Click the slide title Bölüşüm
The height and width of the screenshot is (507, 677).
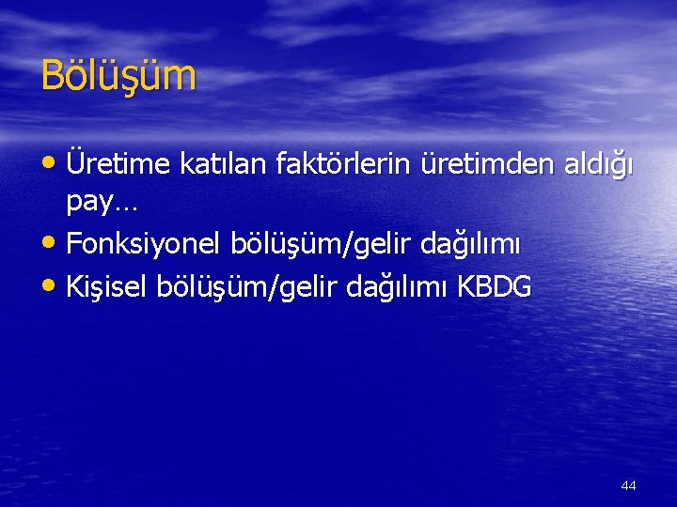point(118,76)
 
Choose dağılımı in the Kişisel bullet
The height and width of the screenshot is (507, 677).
point(403,287)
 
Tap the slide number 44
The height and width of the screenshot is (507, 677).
point(628,485)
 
